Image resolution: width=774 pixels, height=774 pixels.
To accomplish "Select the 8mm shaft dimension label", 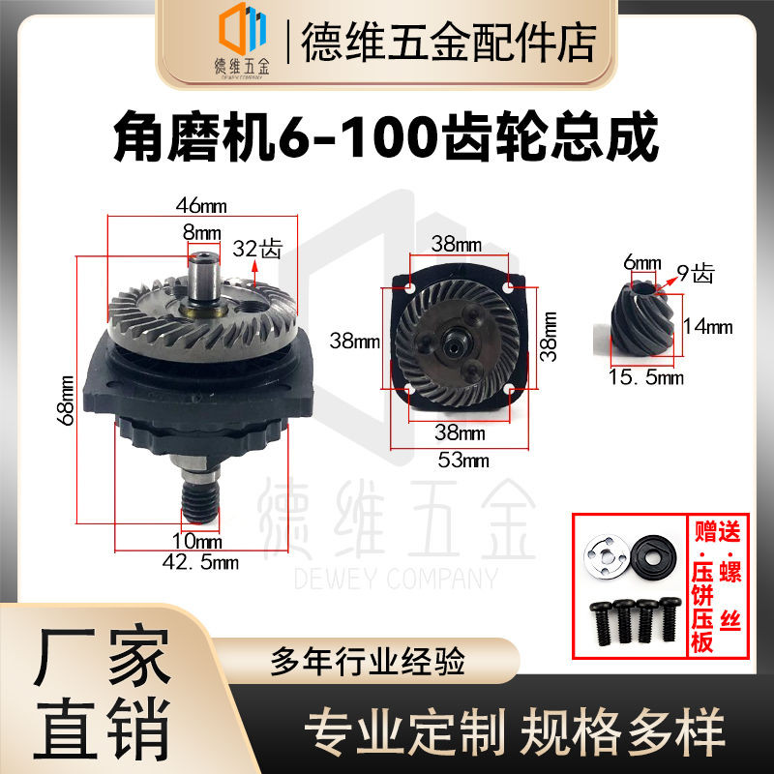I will [201, 233].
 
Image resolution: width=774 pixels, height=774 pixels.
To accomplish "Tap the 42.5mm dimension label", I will [201, 560].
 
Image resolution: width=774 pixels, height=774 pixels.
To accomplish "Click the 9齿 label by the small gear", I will [694, 273].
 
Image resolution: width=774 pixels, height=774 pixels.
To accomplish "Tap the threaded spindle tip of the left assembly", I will [201, 504].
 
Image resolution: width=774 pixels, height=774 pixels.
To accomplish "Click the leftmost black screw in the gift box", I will [598, 623].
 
